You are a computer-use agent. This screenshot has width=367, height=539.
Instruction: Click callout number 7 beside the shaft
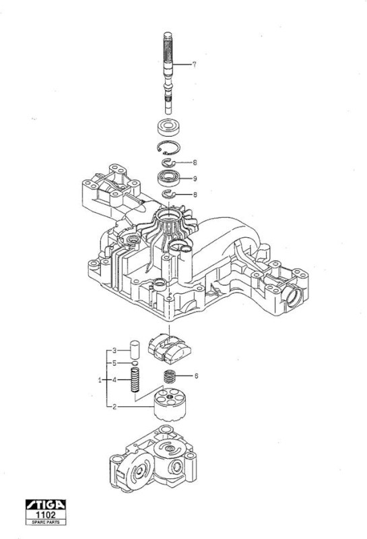pos(194,64)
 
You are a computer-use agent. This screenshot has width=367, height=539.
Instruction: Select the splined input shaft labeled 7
pos(168,73)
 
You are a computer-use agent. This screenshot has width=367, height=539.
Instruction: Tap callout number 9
pos(195,179)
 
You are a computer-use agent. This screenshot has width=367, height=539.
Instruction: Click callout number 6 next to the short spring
pos(196,376)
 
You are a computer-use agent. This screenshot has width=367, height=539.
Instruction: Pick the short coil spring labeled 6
pos(169,377)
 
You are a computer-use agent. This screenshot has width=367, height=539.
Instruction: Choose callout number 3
pos(114,350)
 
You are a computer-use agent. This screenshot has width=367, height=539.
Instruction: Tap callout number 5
pos(114,363)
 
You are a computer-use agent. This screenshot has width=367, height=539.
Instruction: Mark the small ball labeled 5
pos(135,363)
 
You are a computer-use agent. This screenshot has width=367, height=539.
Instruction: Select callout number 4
pos(114,380)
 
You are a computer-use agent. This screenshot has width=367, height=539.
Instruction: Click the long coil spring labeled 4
pos(135,380)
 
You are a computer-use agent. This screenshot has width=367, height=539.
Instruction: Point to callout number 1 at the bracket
pos(100,380)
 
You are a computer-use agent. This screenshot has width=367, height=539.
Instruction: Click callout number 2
pos(114,407)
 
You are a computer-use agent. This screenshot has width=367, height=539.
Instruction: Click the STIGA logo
pos(46,505)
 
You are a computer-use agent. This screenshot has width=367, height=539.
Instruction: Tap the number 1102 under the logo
pos(46,515)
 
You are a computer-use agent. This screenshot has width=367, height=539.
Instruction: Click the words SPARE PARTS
pos(46,521)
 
